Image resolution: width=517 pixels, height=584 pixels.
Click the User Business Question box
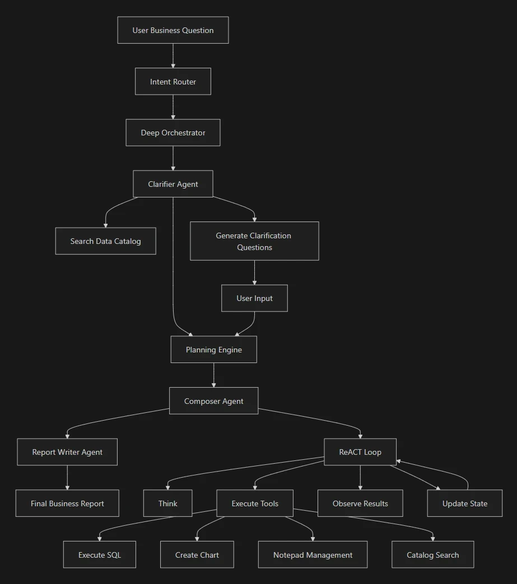173,30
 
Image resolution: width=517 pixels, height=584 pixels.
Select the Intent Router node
173,82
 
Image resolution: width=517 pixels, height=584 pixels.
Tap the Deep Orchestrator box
173,133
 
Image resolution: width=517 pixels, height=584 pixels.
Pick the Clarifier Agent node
173,184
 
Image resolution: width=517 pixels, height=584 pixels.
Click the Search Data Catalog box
105,241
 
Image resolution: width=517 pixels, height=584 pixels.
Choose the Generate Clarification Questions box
254,241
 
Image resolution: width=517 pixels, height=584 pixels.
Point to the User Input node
254,298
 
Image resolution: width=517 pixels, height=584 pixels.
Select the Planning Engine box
213,350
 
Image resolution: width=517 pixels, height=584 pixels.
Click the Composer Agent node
213,401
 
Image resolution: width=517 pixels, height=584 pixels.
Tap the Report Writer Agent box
67,452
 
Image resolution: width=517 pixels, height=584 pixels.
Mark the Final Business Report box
67,503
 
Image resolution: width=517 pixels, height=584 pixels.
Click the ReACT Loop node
360,452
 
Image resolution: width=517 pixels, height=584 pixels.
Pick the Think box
167,503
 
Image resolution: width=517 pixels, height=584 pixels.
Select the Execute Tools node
255,503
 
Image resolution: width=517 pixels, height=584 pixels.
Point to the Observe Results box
360,503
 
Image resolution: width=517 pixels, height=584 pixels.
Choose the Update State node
464,503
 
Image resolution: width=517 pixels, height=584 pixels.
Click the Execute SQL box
99,555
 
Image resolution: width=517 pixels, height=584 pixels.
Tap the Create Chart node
197,555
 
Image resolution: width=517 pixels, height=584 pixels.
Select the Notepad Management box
313,555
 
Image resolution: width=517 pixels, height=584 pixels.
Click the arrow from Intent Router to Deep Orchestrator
173,107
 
